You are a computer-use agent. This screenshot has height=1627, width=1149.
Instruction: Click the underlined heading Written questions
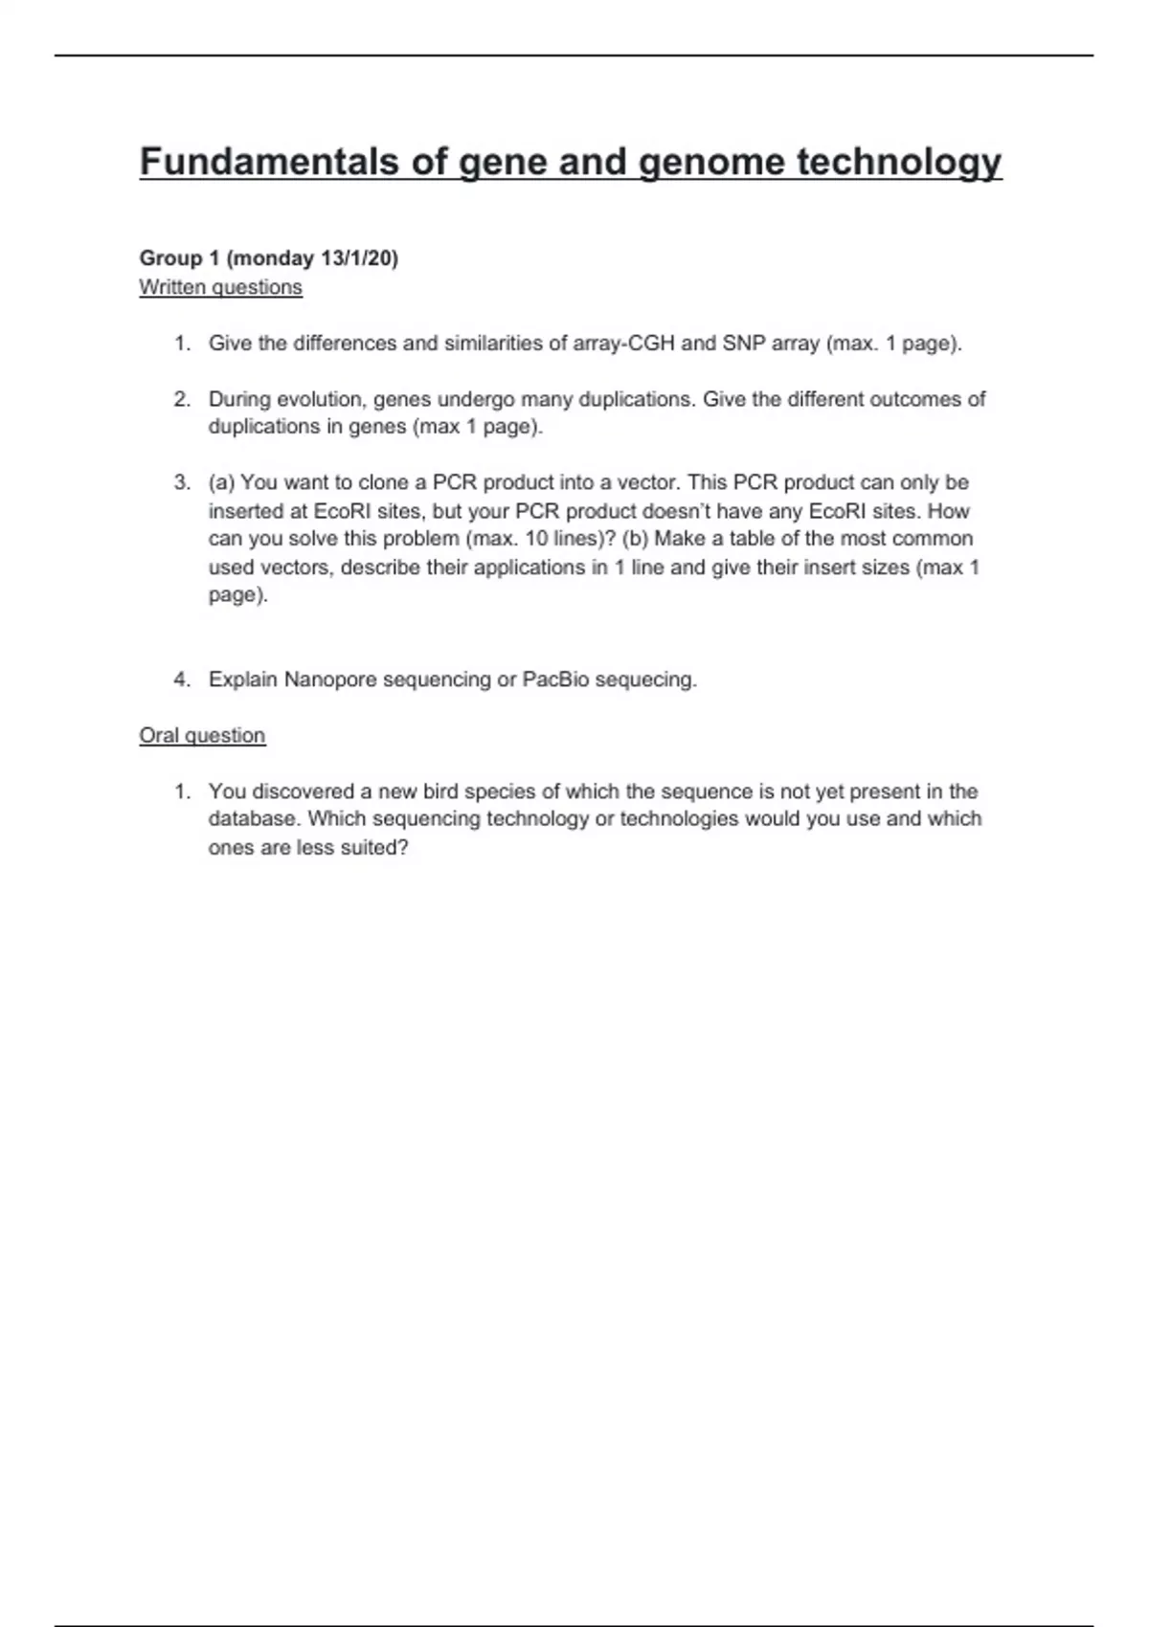point(220,287)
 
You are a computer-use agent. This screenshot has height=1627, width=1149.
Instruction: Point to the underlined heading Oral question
point(202,735)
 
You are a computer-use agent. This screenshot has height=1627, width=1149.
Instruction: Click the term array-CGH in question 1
point(623,344)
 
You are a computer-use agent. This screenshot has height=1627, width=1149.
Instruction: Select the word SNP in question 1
point(744,344)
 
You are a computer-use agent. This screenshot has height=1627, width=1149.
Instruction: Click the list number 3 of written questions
point(182,482)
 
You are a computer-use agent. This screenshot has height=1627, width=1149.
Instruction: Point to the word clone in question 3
point(383,482)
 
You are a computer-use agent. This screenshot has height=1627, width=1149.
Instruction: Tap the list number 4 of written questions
point(182,680)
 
